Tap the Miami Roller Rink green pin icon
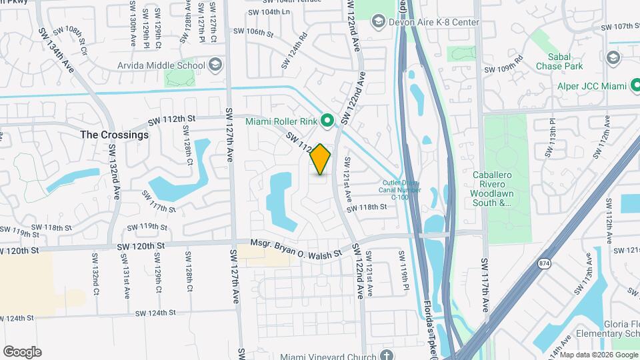pos(327,121)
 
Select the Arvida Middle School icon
pos(215,65)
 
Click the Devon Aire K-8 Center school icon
pos(379,23)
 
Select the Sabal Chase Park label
pos(565,62)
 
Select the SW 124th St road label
pos(155,312)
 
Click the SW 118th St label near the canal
pos(369,207)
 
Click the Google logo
pos(22,351)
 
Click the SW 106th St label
pos(250,31)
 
